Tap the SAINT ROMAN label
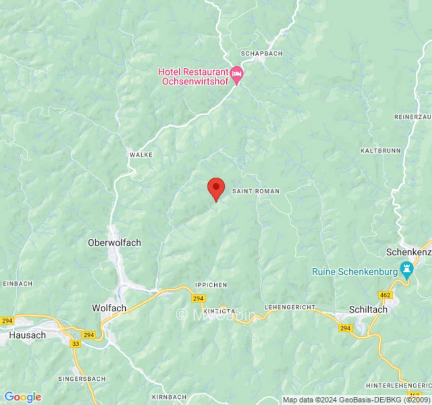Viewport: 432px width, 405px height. [x=256, y=191]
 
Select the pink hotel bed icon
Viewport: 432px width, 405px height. [x=237, y=74]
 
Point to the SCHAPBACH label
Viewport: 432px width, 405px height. [x=261, y=53]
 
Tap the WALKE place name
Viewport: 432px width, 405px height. [x=141, y=154]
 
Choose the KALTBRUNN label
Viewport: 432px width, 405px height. [x=380, y=151]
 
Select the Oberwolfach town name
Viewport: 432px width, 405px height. [x=114, y=242]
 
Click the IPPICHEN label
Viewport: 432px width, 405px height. [x=211, y=285]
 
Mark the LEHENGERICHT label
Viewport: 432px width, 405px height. [x=290, y=307]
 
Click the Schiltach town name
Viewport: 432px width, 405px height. [x=368, y=309]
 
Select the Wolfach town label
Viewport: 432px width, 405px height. [x=108, y=307]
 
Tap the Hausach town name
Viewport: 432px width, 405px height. [x=27, y=335]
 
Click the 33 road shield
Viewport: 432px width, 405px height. [x=76, y=344]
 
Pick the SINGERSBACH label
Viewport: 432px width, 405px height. [x=82, y=379]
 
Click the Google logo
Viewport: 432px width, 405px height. [x=22, y=397]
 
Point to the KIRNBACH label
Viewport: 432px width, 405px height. [x=170, y=397]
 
